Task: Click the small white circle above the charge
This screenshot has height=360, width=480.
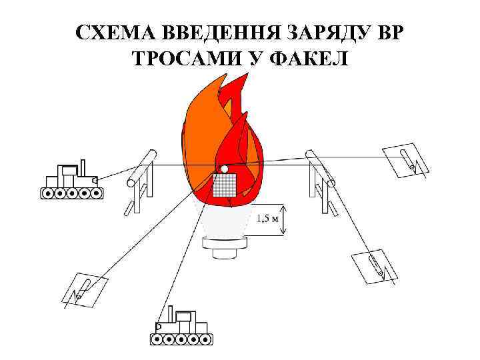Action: (225, 169)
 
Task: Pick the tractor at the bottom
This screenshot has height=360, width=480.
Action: (181, 327)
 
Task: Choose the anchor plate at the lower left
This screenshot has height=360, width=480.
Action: (85, 287)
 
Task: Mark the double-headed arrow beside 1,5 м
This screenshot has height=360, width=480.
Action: (285, 219)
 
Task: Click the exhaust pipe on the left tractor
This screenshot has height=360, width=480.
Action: (83, 167)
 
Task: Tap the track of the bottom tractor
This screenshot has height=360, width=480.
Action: (181, 339)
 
